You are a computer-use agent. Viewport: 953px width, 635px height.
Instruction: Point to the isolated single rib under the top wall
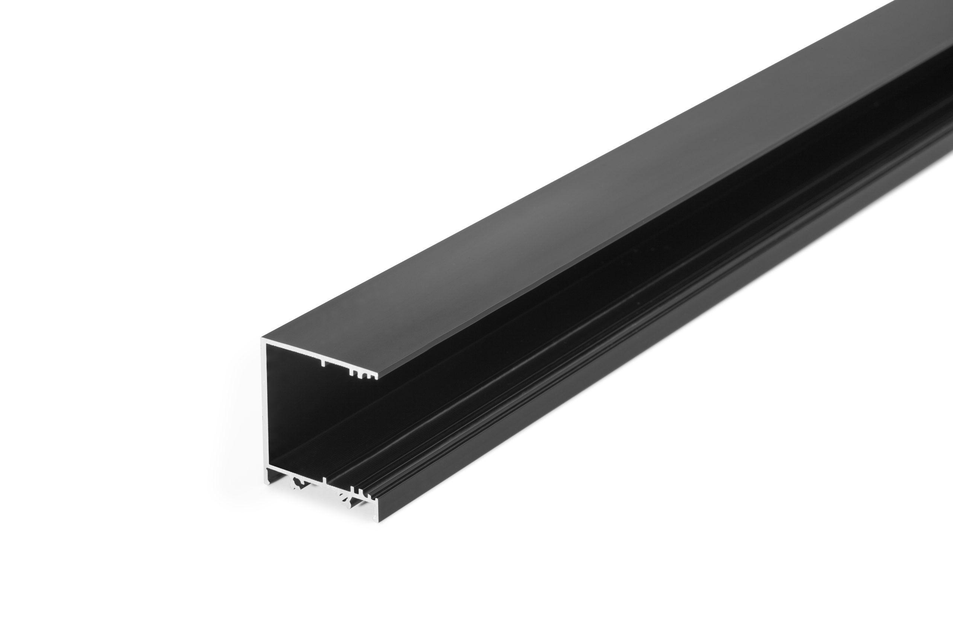[322, 362]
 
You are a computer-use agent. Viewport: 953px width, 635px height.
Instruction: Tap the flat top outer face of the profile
[527, 202]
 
